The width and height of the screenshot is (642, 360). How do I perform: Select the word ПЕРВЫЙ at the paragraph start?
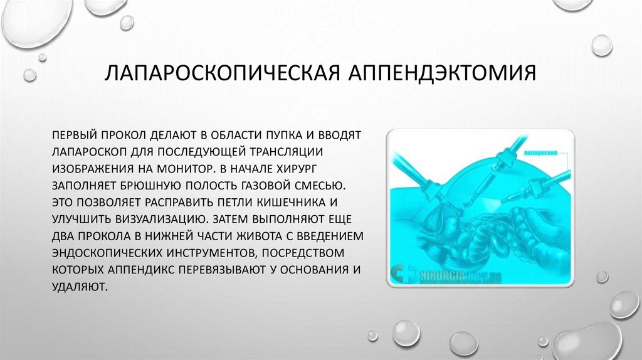(x=74, y=135)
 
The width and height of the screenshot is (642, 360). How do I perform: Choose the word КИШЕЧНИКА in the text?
(x=296, y=203)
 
